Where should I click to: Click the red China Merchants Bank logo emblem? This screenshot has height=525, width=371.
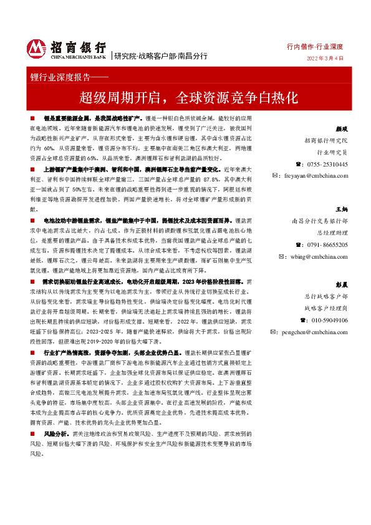[37, 49]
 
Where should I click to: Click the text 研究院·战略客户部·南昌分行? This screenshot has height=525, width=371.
[153, 55]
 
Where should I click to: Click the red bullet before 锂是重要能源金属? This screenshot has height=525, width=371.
[31, 118]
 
